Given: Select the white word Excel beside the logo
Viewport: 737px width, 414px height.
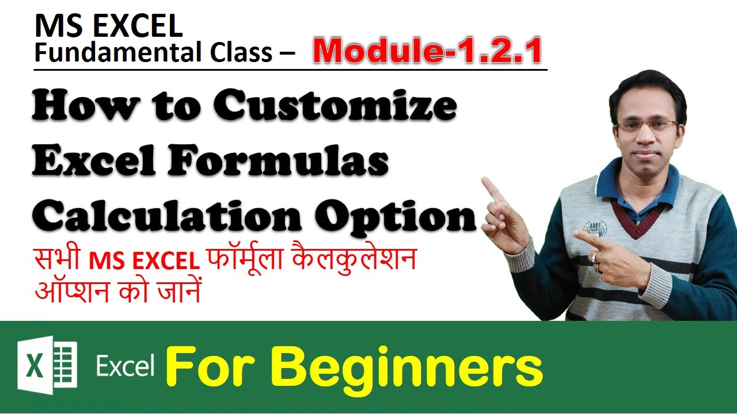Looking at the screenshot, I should (125, 366).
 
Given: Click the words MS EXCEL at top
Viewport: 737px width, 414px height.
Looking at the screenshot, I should (108, 26).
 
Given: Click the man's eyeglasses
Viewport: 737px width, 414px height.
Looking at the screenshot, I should (646, 125).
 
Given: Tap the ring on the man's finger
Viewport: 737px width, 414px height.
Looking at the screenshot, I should (594, 258).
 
